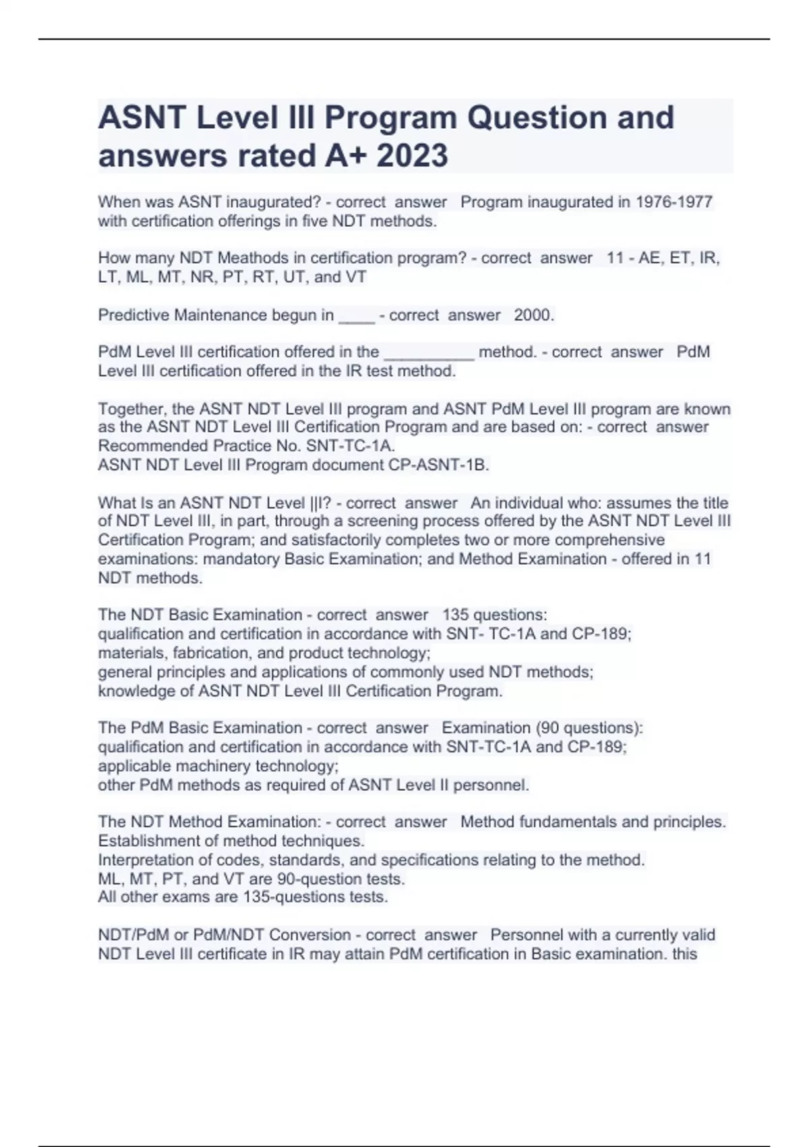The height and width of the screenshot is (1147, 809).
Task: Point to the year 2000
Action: coord(533,315)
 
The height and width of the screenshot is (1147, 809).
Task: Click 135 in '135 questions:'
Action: coord(455,615)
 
